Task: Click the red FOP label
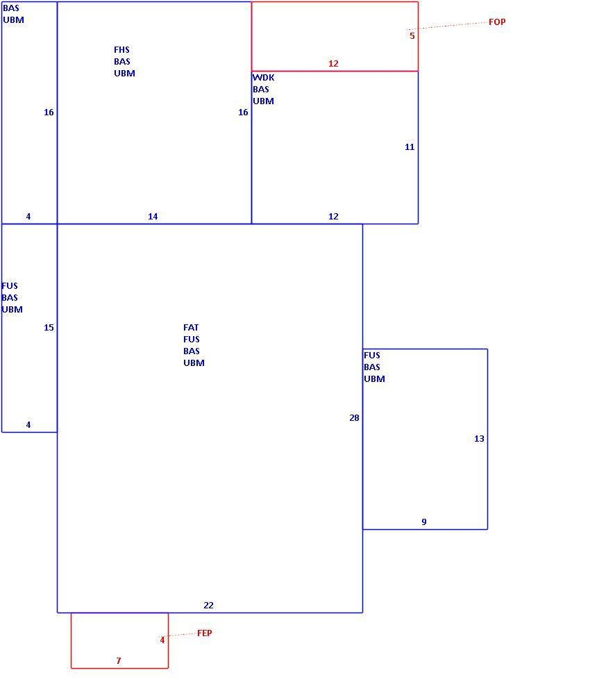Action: (x=497, y=22)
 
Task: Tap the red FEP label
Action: (x=204, y=633)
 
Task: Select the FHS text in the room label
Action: (x=121, y=50)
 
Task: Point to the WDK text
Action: (x=263, y=78)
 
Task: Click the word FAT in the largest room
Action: (x=191, y=327)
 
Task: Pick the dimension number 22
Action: (x=208, y=606)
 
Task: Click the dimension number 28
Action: (x=354, y=418)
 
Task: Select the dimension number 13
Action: (x=479, y=438)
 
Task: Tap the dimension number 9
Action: (x=423, y=522)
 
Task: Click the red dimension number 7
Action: (x=119, y=660)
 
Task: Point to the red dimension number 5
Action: (x=412, y=35)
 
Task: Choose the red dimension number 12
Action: (x=333, y=63)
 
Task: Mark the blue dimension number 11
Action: (x=410, y=147)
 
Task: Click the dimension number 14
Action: (x=153, y=217)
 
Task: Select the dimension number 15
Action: (x=49, y=327)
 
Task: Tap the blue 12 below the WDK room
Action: (x=333, y=217)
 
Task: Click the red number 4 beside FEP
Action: (x=162, y=640)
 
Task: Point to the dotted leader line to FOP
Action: (x=446, y=26)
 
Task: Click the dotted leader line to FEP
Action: (x=180, y=635)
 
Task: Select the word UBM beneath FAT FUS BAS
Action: (x=194, y=363)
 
